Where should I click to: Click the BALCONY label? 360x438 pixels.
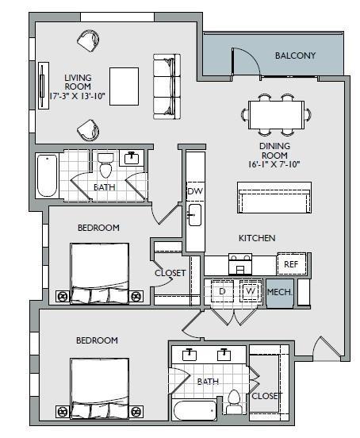(295, 56)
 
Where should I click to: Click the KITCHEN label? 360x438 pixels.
(257, 238)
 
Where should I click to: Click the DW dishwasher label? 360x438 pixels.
(193, 192)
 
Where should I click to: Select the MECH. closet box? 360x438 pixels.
(279, 292)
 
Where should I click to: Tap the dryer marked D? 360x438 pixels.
(223, 291)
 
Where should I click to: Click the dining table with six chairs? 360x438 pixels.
(274, 113)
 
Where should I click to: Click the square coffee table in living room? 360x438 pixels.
(124, 84)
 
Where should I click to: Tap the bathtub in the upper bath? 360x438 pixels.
(47, 175)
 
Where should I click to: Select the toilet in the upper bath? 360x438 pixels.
(106, 166)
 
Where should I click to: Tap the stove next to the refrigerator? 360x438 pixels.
(240, 263)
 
